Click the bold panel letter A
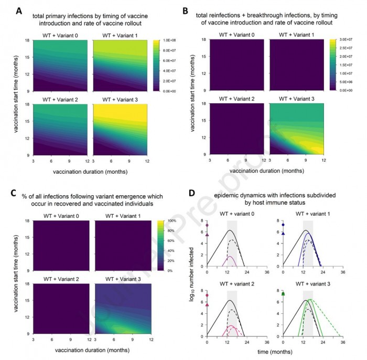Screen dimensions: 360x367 [19, 10]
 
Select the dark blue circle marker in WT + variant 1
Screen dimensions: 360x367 [283, 225]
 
